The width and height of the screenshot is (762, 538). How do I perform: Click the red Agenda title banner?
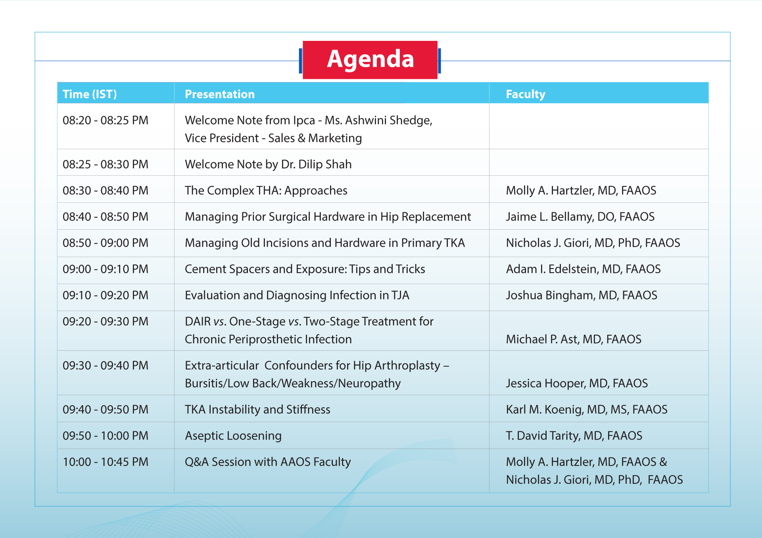click(x=370, y=60)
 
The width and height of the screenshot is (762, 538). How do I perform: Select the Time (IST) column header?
click(x=90, y=94)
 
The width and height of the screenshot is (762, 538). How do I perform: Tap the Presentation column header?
click(x=220, y=94)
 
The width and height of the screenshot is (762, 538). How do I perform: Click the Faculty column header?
click(x=526, y=94)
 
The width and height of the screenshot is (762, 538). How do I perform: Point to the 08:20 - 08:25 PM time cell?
click(x=106, y=120)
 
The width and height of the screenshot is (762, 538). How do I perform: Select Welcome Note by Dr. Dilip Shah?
click(x=268, y=164)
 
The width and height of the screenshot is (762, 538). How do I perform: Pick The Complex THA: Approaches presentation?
click(x=266, y=190)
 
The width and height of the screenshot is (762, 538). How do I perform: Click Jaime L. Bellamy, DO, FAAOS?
click(x=580, y=217)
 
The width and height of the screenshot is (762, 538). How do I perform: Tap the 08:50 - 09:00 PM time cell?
click(x=106, y=243)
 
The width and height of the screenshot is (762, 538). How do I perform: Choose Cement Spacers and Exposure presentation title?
click(x=305, y=269)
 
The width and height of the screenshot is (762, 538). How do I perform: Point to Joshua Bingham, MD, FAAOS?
click(x=582, y=295)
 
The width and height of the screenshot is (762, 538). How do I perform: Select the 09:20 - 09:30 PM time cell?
click(x=106, y=321)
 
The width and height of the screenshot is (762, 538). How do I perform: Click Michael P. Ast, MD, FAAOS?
click(x=574, y=339)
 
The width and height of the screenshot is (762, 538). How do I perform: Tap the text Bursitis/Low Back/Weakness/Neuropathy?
click(x=293, y=383)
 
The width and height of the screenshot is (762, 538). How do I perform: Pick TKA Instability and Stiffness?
click(x=257, y=409)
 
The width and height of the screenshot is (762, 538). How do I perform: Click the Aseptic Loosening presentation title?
click(x=233, y=436)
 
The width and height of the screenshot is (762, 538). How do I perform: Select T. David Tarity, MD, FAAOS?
click(x=574, y=436)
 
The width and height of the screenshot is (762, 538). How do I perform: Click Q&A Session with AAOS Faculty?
click(x=268, y=462)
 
